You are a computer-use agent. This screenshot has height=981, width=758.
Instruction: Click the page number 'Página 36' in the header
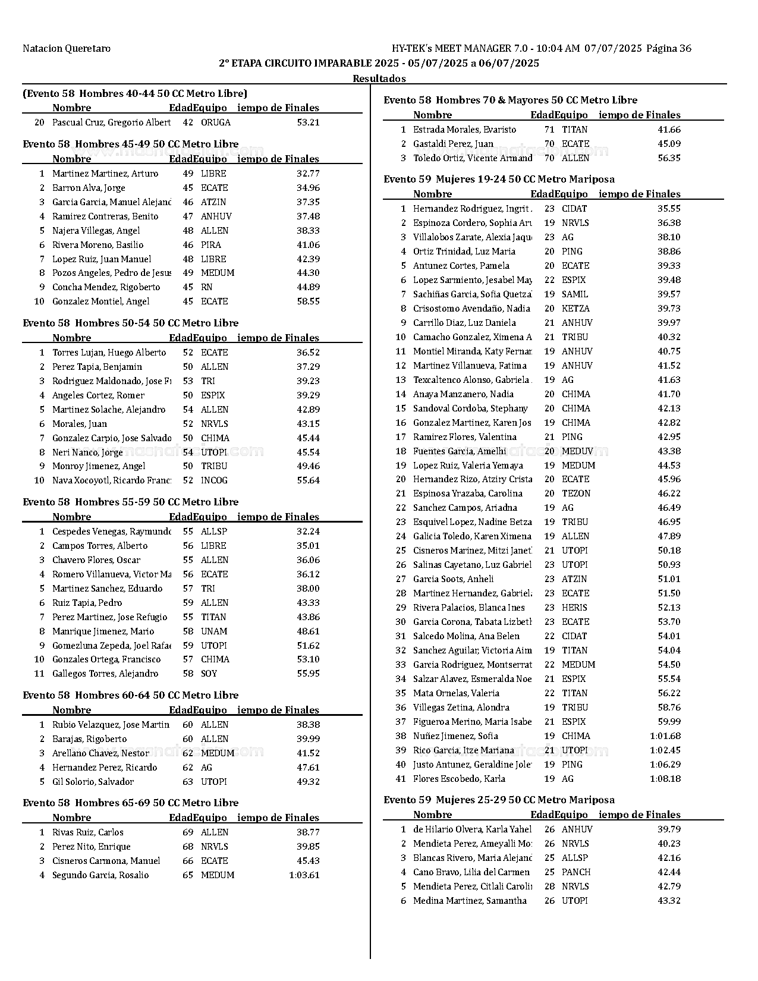tap(668, 49)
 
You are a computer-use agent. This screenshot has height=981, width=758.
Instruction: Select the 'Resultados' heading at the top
tap(379, 78)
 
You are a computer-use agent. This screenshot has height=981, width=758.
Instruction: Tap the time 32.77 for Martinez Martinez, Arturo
tap(308, 174)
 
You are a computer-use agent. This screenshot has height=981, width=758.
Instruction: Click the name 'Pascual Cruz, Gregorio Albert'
tap(111, 122)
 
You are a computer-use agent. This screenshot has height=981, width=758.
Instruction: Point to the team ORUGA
tap(216, 122)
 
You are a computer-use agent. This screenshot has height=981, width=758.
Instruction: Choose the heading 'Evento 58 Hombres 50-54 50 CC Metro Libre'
tap(130, 323)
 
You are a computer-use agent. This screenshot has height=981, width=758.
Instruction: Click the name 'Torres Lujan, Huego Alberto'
tap(109, 353)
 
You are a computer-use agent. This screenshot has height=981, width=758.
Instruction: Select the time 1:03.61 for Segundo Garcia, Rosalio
tap(304, 875)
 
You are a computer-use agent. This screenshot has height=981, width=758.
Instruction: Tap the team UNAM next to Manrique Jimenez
tap(214, 631)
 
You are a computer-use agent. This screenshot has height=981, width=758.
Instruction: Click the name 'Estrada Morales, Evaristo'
tap(464, 130)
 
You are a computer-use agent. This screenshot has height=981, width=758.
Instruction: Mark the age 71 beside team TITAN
tap(549, 130)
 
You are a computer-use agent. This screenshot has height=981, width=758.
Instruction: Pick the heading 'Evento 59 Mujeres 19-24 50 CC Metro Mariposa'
tap(499, 180)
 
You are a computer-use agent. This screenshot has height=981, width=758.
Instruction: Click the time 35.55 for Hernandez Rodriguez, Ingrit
tap(669, 209)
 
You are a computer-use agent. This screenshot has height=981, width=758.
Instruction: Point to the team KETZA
tap(575, 309)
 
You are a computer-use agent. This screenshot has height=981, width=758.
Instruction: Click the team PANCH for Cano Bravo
tap(576, 872)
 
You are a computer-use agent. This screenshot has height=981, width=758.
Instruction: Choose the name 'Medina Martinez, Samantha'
tap(470, 901)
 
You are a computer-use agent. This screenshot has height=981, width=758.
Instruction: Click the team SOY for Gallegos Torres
tap(209, 674)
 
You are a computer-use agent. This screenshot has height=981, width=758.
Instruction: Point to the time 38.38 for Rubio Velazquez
tap(308, 725)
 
